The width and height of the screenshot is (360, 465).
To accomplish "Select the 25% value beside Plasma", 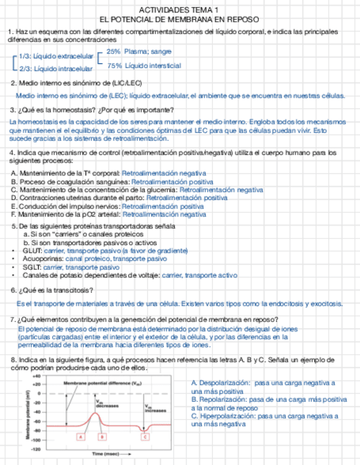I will (x=114, y=52).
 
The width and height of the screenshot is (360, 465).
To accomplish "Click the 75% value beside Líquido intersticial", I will (x=114, y=66).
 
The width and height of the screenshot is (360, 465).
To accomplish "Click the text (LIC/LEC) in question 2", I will (x=123, y=83).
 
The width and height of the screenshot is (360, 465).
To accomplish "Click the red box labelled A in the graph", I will (x=81, y=437).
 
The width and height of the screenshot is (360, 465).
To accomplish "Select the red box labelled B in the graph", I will (x=102, y=437).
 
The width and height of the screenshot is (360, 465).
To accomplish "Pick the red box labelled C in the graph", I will (x=145, y=437).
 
